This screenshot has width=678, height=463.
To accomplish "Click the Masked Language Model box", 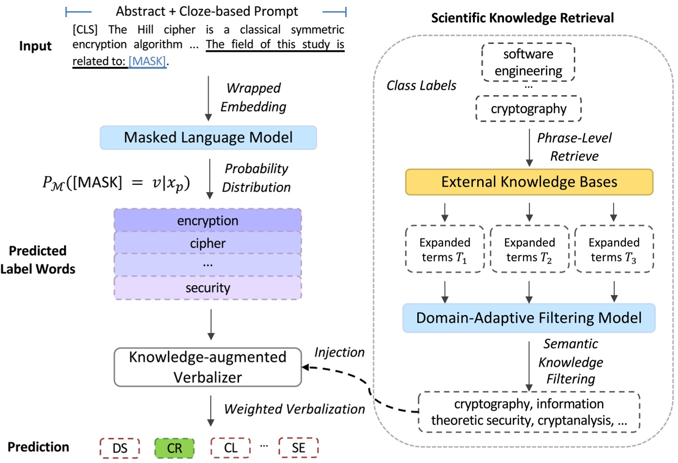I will tap(208, 138).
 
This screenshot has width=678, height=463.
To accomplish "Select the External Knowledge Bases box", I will tap(529, 182).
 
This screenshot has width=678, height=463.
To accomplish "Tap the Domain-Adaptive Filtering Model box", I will tap(529, 318).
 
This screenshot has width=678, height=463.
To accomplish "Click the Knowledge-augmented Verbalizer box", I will tap(208, 367).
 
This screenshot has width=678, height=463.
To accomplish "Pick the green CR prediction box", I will tap(174, 448).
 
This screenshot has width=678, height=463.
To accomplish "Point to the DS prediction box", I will tap(120, 448).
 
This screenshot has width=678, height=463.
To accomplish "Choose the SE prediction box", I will tap(298, 448).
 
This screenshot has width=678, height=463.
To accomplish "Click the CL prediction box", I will tap(231, 448).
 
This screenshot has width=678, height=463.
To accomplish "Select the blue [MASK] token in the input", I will tap(147, 61).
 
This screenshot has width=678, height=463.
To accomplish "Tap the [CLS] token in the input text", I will tap(85, 30).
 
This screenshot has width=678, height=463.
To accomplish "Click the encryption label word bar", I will tap(208, 221).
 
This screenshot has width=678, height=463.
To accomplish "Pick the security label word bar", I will tap(208, 288).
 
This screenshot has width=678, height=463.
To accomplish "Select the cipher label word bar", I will tap(208, 243).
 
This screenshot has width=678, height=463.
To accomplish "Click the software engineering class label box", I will tap(528, 62).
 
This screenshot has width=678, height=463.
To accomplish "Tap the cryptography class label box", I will tap(528, 109).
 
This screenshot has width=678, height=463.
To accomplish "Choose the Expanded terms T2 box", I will tap(529, 250).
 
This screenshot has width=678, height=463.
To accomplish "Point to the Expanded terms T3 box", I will tap(614, 250).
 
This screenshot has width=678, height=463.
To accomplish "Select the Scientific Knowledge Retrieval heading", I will tap(522, 18).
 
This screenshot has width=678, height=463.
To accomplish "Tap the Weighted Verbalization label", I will tap(294, 409).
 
